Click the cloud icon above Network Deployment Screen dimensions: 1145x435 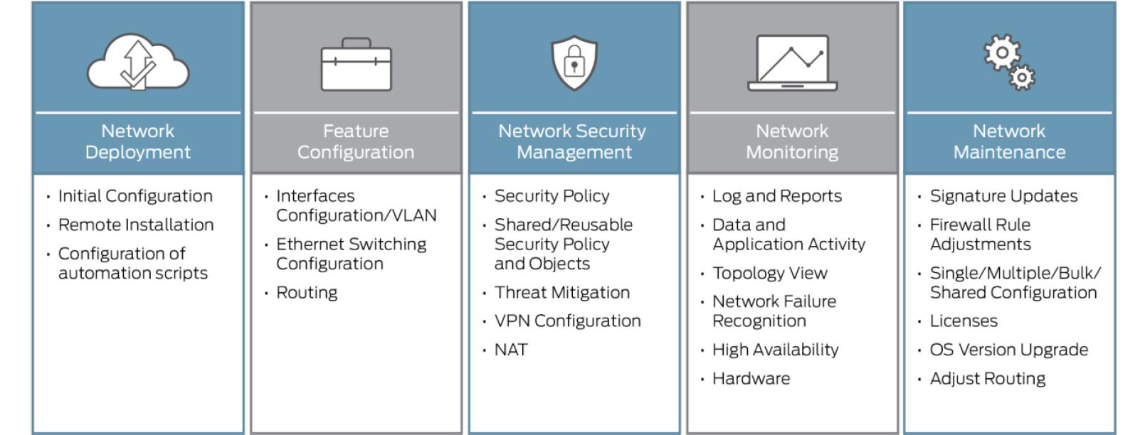click(138, 63)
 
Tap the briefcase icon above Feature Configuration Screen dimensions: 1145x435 click(357, 65)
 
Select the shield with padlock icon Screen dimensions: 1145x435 click(574, 63)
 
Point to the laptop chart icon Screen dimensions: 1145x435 click(792, 63)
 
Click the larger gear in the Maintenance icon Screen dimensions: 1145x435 click(1002, 53)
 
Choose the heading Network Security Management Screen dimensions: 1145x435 click(573, 141)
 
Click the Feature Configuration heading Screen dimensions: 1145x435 click(356, 141)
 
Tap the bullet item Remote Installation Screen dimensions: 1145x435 click(136, 225)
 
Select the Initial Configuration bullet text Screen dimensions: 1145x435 click(135, 196)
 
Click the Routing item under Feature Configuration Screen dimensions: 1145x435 click(307, 293)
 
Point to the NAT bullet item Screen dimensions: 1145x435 click(511, 350)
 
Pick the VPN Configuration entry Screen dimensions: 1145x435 click(567, 321)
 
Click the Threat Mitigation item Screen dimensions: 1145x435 click(561, 293)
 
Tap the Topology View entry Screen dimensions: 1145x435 click(770, 273)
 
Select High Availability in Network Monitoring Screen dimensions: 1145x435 click(776, 350)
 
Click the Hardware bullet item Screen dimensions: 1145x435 click(751, 379)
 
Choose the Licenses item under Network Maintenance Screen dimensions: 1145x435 click(964, 321)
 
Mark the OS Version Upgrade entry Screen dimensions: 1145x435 click(1009, 350)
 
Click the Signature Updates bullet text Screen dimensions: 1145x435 click(1003, 196)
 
